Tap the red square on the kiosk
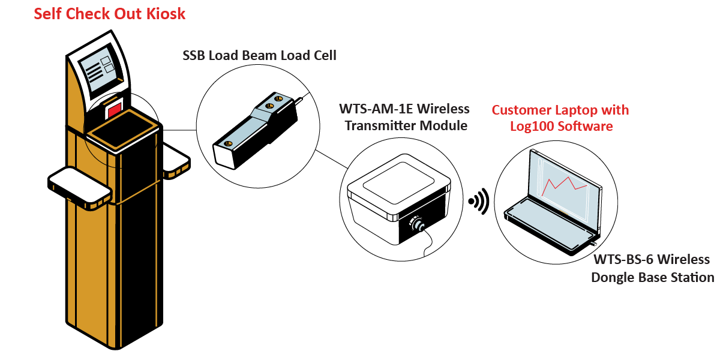click(x=114, y=110)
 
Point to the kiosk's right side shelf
click(x=176, y=162)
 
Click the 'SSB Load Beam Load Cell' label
click(x=259, y=56)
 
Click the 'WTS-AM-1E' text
click(x=374, y=109)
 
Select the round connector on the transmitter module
click(x=415, y=224)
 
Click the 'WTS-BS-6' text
click(x=625, y=260)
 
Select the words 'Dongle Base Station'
click(x=653, y=277)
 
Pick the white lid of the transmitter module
click(x=399, y=187)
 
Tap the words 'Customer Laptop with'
click(x=560, y=110)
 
